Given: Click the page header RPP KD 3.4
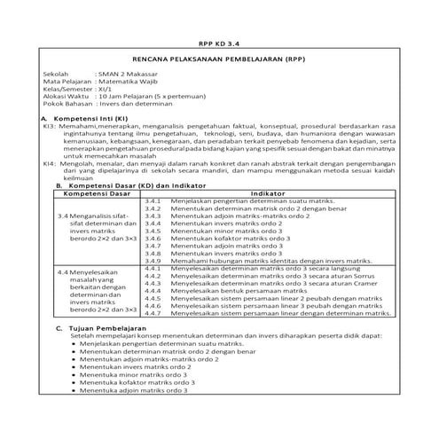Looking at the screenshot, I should click(219, 41).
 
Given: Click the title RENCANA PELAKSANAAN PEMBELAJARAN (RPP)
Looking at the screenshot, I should click(219, 57).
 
